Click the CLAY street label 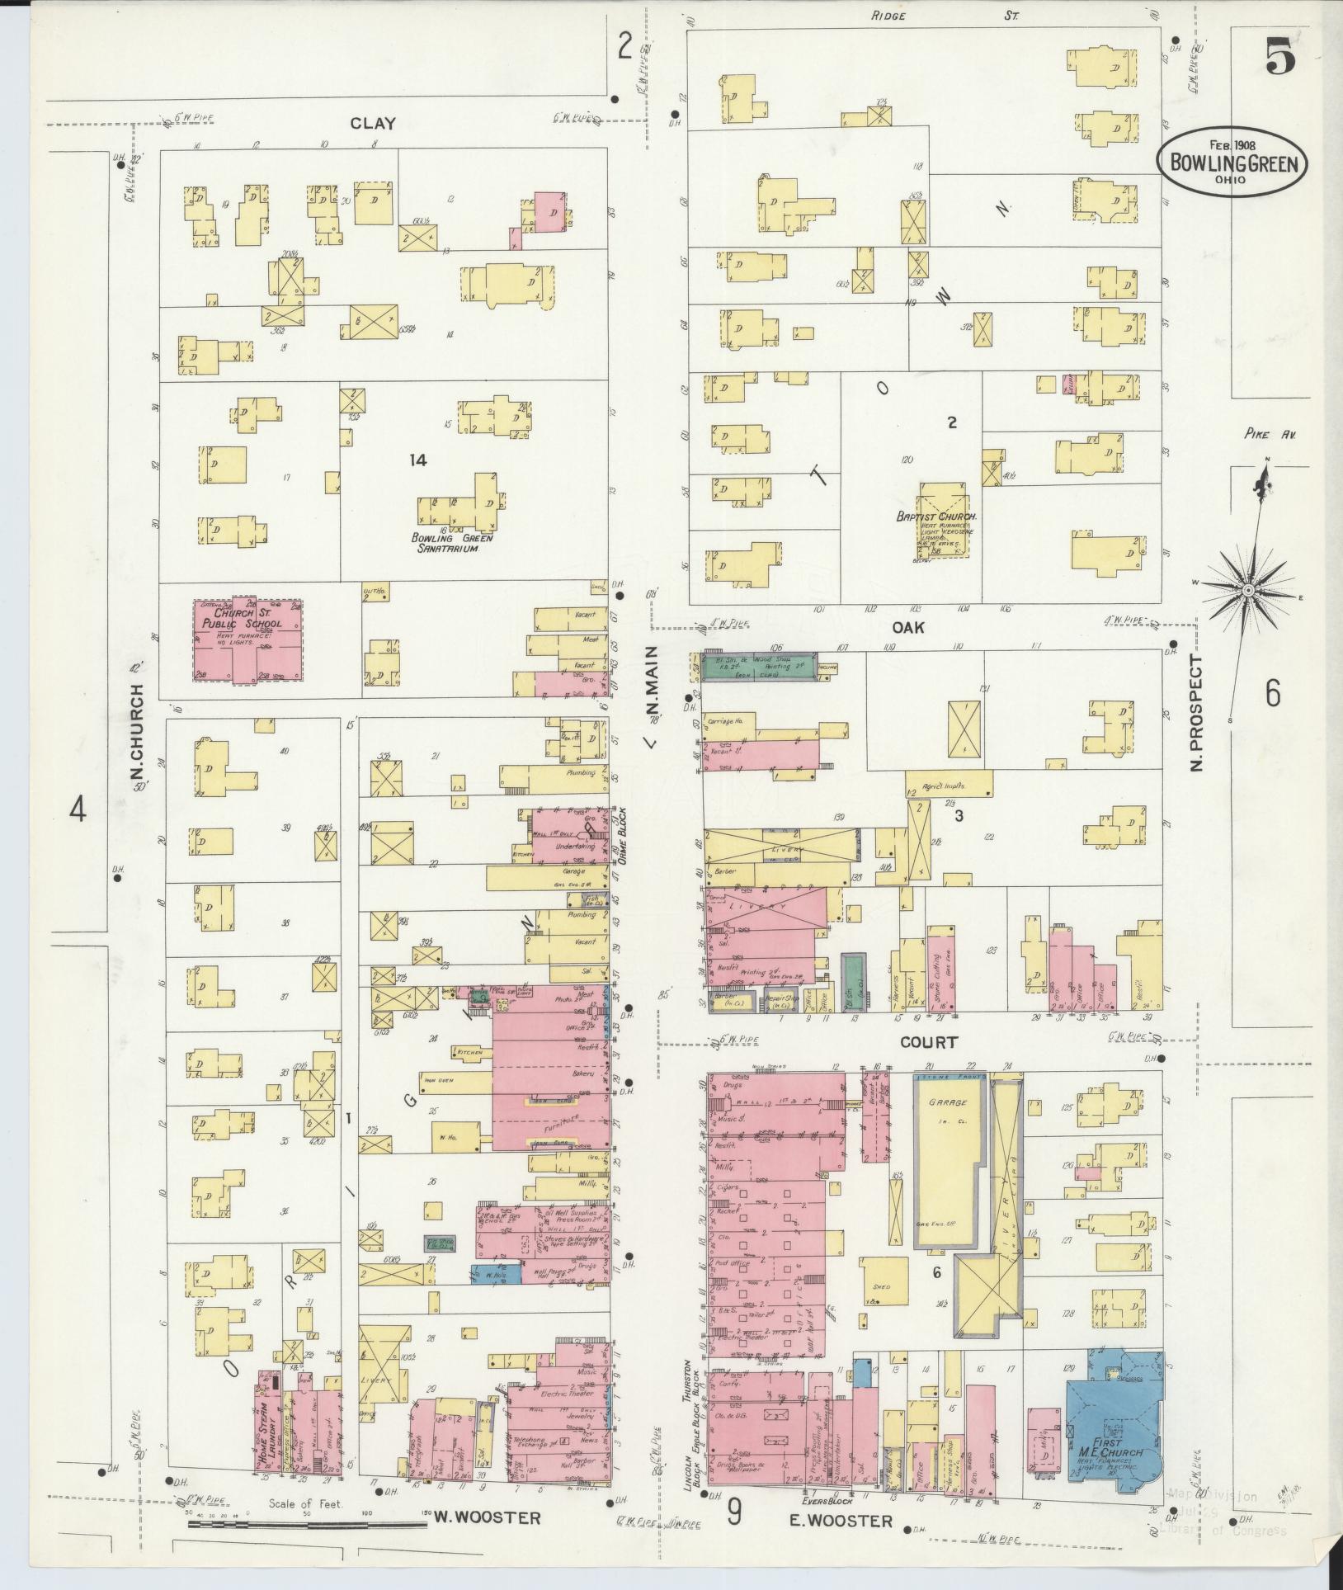point(373,124)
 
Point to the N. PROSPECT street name point(1197,715)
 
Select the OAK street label point(907,627)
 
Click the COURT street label point(929,1042)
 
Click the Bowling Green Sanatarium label point(452,542)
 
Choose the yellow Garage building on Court point(945,1163)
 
